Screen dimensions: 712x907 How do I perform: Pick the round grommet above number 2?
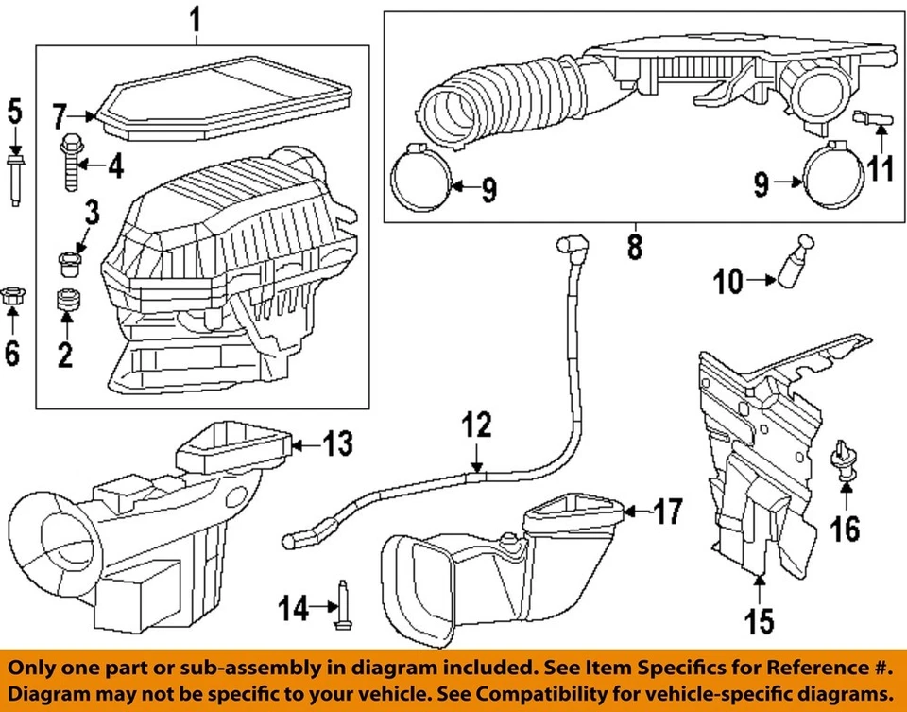coord(66,302)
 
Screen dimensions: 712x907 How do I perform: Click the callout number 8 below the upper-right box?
coord(633,247)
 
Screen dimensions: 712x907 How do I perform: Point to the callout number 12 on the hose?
coord(478,426)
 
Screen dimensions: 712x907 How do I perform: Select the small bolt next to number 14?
coord(338,604)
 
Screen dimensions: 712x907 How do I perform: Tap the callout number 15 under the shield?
coord(759,620)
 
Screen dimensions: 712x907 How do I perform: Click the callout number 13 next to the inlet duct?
coord(336,443)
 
